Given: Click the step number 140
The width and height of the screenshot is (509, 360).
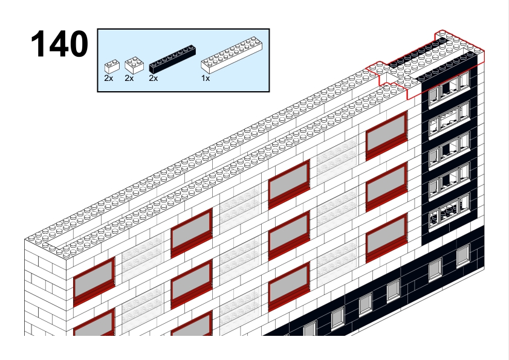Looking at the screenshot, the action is [x=59, y=43].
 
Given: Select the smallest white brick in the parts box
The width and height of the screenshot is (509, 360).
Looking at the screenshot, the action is [x=112, y=66].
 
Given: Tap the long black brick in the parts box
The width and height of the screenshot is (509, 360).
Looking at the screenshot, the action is [x=172, y=59].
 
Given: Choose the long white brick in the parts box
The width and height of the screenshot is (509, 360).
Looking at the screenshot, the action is [x=232, y=54].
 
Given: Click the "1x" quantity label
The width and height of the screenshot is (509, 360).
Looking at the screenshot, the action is [x=206, y=78].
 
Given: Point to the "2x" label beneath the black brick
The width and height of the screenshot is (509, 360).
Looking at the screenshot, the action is [x=153, y=78].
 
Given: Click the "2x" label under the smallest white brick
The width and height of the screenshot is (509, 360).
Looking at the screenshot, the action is [x=108, y=78].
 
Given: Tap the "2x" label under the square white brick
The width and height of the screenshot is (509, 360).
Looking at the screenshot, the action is [x=129, y=78].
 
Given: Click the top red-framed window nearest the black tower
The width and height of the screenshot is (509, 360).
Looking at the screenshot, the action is [x=386, y=136].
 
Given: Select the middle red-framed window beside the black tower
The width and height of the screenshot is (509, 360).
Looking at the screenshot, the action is [x=386, y=187].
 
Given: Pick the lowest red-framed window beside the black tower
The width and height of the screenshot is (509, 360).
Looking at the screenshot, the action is [x=386, y=239].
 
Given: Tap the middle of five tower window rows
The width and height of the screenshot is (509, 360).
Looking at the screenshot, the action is [x=449, y=150].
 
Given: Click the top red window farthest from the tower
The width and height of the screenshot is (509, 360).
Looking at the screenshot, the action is [x=94, y=282].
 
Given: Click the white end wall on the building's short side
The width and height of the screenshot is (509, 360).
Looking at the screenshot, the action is [x=45, y=289].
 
